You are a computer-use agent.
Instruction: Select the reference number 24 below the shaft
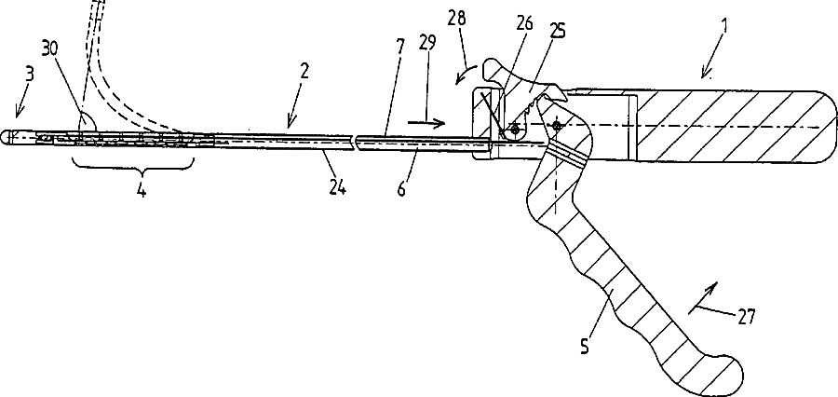click(x=337, y=188)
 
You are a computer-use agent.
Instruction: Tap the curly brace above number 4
click(x=132, y=168)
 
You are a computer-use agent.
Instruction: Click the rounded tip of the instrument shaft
click(x=7, y=137)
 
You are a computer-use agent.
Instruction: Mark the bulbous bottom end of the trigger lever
click(x=716, y=373)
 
